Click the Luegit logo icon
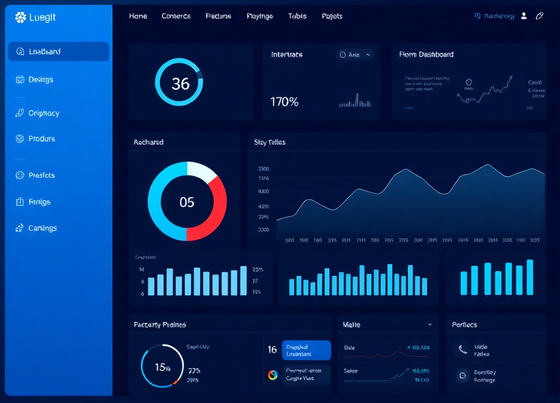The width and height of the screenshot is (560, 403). coord(20,17)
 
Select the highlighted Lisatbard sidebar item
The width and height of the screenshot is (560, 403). coord(58,51)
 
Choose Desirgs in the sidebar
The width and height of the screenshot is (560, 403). coord(41,79)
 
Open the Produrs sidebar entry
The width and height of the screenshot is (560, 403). coord(41,139)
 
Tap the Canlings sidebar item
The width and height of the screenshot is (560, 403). coord(42,228)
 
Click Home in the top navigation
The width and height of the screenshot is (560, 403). coord(138,16)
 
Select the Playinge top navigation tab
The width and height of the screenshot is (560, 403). coord(260,16)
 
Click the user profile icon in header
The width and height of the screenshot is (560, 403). coord(524,16)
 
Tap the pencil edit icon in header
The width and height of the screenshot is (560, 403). coord(540,16)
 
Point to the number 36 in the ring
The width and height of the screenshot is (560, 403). coord(180,83)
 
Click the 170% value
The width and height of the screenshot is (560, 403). coord(284,102)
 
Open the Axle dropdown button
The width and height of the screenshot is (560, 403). coord(355,55)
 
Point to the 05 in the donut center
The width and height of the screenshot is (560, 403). coord(187,202)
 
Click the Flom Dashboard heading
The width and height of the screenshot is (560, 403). coord(426,55)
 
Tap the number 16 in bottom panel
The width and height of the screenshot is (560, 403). coord(272,350)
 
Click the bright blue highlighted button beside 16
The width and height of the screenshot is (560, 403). coord(306,350)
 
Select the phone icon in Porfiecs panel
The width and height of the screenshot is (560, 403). coord(462,350)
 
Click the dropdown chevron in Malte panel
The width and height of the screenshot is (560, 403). coord(430,324)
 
